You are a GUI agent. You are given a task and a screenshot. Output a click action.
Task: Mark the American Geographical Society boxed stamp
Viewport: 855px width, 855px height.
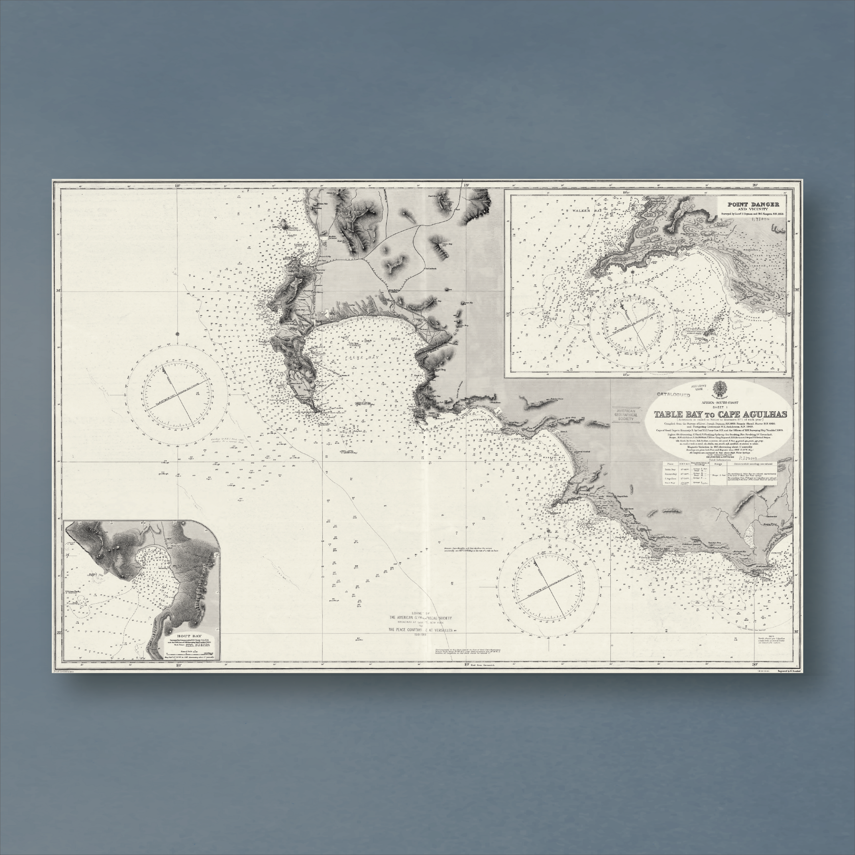click(x=626, y=414)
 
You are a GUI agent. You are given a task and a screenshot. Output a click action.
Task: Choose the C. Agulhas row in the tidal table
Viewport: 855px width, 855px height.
click(x=670, y=478)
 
